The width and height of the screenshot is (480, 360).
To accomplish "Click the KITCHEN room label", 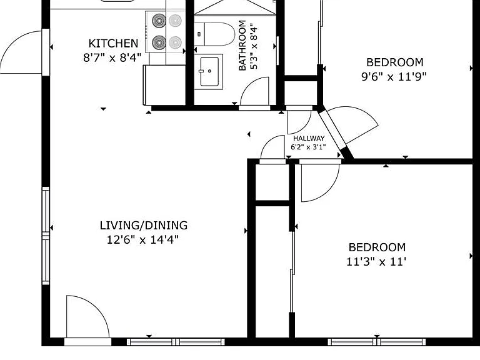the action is coord(113,44).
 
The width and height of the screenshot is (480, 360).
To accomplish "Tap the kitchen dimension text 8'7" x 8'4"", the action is coord(112,57).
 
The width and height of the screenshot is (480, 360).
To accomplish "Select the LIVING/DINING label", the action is coord(144,225).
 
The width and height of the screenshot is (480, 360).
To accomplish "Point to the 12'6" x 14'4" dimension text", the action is coord(142,239).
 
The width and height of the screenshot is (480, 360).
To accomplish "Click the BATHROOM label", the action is coord(242,45).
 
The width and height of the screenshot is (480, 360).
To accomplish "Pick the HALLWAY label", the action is coord(309,138).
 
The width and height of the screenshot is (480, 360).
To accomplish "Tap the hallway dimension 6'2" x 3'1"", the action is coord(308,147).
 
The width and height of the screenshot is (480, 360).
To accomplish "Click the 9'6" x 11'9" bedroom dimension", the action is coord(394,76).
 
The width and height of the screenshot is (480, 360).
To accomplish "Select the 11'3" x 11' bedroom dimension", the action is coord(376,262).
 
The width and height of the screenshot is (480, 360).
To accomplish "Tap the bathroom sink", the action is coord(209,71).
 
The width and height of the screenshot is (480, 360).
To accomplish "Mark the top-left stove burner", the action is coord(159,21).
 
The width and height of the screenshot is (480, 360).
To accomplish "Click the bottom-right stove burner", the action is coord(175,42).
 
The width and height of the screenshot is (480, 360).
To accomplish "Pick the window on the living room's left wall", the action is coord(46,236).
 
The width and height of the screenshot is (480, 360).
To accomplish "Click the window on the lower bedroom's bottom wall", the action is coord(377,342).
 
